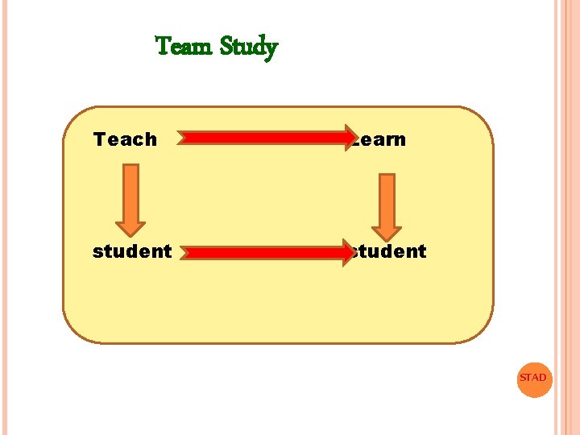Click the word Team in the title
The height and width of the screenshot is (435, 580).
point(184,47)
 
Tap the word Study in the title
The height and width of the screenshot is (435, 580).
point(248,48)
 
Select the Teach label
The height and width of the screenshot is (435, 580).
point(125,139)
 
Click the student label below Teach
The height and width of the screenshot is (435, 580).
point(132,251)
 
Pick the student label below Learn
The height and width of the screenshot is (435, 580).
point(389,251)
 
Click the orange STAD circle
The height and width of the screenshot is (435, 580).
point(532,378)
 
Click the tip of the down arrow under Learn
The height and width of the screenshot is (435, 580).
point(387,238)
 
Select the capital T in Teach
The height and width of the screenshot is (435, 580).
point(99,139)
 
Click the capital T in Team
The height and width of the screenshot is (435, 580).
point(162,46)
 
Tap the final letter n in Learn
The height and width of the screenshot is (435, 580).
point(400,140)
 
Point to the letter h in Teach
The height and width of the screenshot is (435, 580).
point(151,139)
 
